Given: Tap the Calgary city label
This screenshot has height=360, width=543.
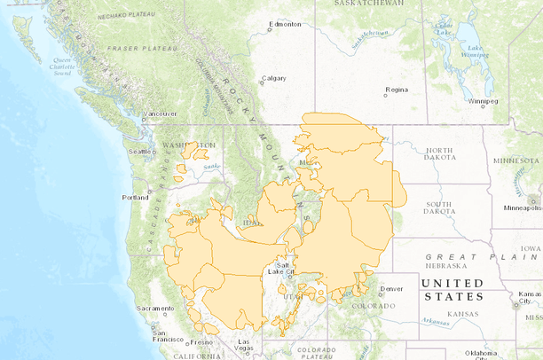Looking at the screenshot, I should [275, 78].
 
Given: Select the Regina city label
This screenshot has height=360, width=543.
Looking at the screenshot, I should [396, 90].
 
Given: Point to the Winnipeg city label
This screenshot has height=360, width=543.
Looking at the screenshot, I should [484, 102].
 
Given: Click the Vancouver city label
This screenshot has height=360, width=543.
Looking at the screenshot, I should [162, 114].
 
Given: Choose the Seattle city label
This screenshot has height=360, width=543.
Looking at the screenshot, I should [141, 152].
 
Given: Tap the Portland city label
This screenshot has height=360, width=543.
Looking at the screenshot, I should [136, 198].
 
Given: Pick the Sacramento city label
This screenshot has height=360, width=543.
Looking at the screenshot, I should [155, 309].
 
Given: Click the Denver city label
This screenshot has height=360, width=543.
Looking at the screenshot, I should [391, 289].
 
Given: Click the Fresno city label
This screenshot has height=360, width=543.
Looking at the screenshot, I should [202, 341].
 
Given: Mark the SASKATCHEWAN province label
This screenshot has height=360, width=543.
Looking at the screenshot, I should [369, 4].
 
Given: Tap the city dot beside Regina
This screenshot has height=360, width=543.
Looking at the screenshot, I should [386, 90].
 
